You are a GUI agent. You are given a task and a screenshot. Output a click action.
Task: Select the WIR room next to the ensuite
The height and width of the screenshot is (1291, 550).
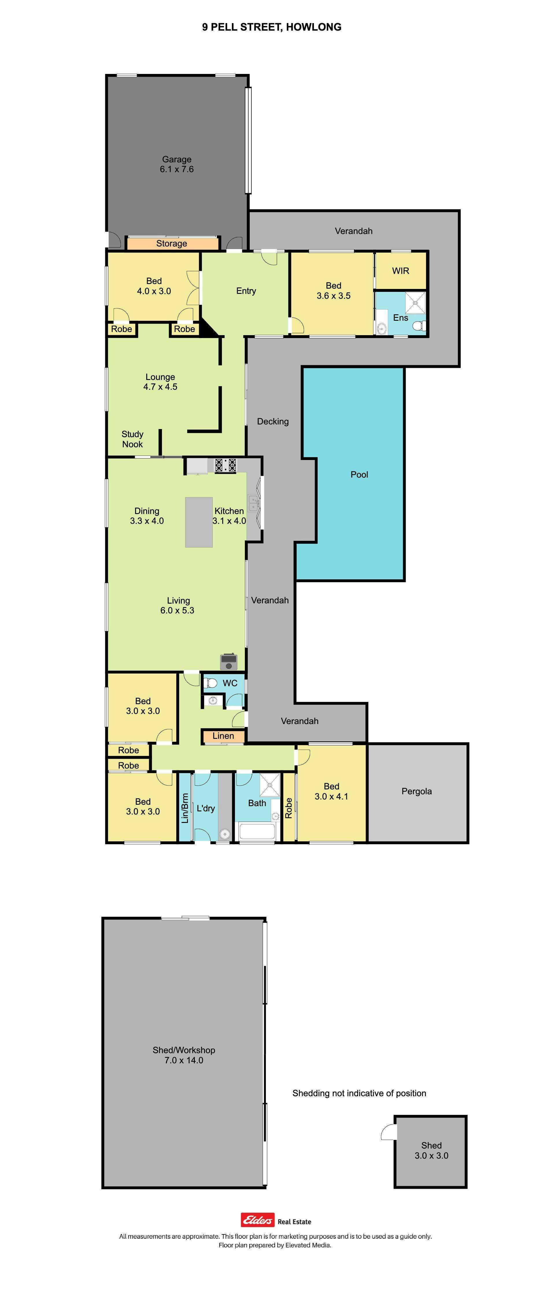(401, 271)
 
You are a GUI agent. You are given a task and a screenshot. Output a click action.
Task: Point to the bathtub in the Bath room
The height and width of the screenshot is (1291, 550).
(257, 831)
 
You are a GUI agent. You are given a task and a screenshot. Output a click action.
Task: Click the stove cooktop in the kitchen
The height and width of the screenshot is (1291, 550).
(226, 465)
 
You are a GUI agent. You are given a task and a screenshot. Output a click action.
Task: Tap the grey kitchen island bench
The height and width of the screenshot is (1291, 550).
(199, 522)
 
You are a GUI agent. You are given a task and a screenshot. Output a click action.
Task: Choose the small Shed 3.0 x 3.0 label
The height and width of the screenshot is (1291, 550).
(431, 1150)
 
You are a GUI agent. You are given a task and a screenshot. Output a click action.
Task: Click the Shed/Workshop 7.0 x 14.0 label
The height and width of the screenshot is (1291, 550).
(184, 1055)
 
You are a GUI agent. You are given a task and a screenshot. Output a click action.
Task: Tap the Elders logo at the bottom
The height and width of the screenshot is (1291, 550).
(258, 1219)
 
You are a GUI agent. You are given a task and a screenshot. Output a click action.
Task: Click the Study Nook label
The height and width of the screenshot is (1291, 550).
(132, 439)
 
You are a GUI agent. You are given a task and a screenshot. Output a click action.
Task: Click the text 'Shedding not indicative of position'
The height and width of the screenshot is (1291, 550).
(359, 1093)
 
